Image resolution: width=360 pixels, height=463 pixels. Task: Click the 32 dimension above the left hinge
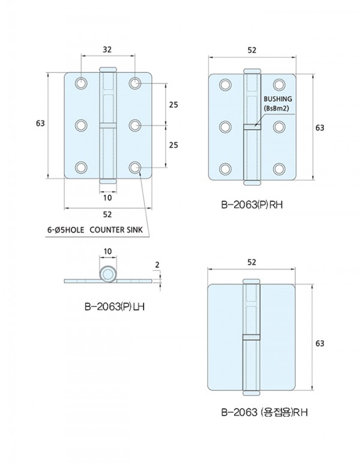click(x=107, y=49)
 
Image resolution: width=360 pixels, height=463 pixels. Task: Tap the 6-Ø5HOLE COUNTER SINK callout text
click(x=95, y=230)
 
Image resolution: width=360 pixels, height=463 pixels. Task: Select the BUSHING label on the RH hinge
click(x=278, y=98)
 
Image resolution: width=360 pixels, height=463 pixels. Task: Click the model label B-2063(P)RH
click(x=252, y=205)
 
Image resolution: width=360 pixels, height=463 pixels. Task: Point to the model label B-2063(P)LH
click(x=115, y=307)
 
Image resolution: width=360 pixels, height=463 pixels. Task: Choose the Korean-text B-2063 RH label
click(x=265, y=412)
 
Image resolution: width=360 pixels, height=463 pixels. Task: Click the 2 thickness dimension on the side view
click(x=157, y=265)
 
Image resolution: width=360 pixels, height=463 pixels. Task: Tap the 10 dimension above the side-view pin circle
click(x=108, y=251)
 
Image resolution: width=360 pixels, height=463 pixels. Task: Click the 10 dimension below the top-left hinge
click(x=108, y=198)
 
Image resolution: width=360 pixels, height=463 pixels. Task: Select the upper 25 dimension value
click(x=173, y=104)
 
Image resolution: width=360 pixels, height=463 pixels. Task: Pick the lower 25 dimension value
click(x=173, y=145)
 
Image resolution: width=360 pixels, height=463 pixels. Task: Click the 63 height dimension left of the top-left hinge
click(x=40, y=123)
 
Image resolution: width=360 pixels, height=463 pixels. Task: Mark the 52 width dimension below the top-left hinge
click(x=107, y=214)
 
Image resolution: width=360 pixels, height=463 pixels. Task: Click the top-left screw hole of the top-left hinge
click(x=81, y=83)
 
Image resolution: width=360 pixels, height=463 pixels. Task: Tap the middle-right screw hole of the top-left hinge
click(x=135, y=126)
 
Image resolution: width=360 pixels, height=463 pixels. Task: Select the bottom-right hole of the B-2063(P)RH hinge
click(x=279, y=169)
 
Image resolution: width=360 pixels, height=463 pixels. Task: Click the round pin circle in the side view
click(x=108, y=274)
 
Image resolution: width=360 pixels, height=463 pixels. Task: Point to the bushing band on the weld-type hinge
click(x=251, y=337)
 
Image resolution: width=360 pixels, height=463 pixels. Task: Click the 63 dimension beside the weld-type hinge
click(x=320, y=343)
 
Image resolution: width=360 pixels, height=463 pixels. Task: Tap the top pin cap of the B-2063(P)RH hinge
click(x=252, y=71)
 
